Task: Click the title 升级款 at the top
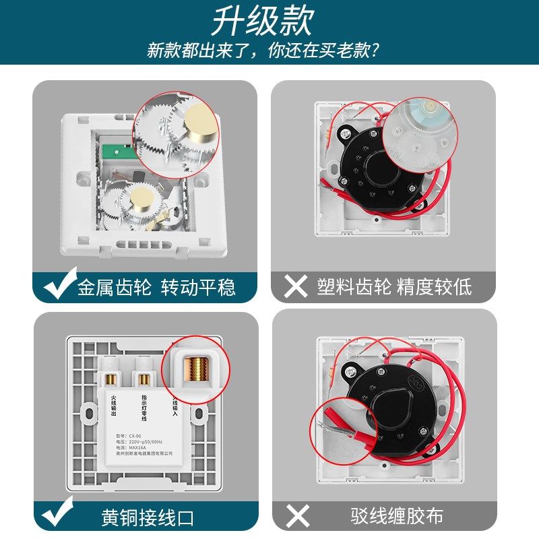pos(262,22)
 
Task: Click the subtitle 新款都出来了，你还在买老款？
pos(262,50)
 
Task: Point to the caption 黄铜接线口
pos(148,517)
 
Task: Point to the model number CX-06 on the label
pos(131,435)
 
